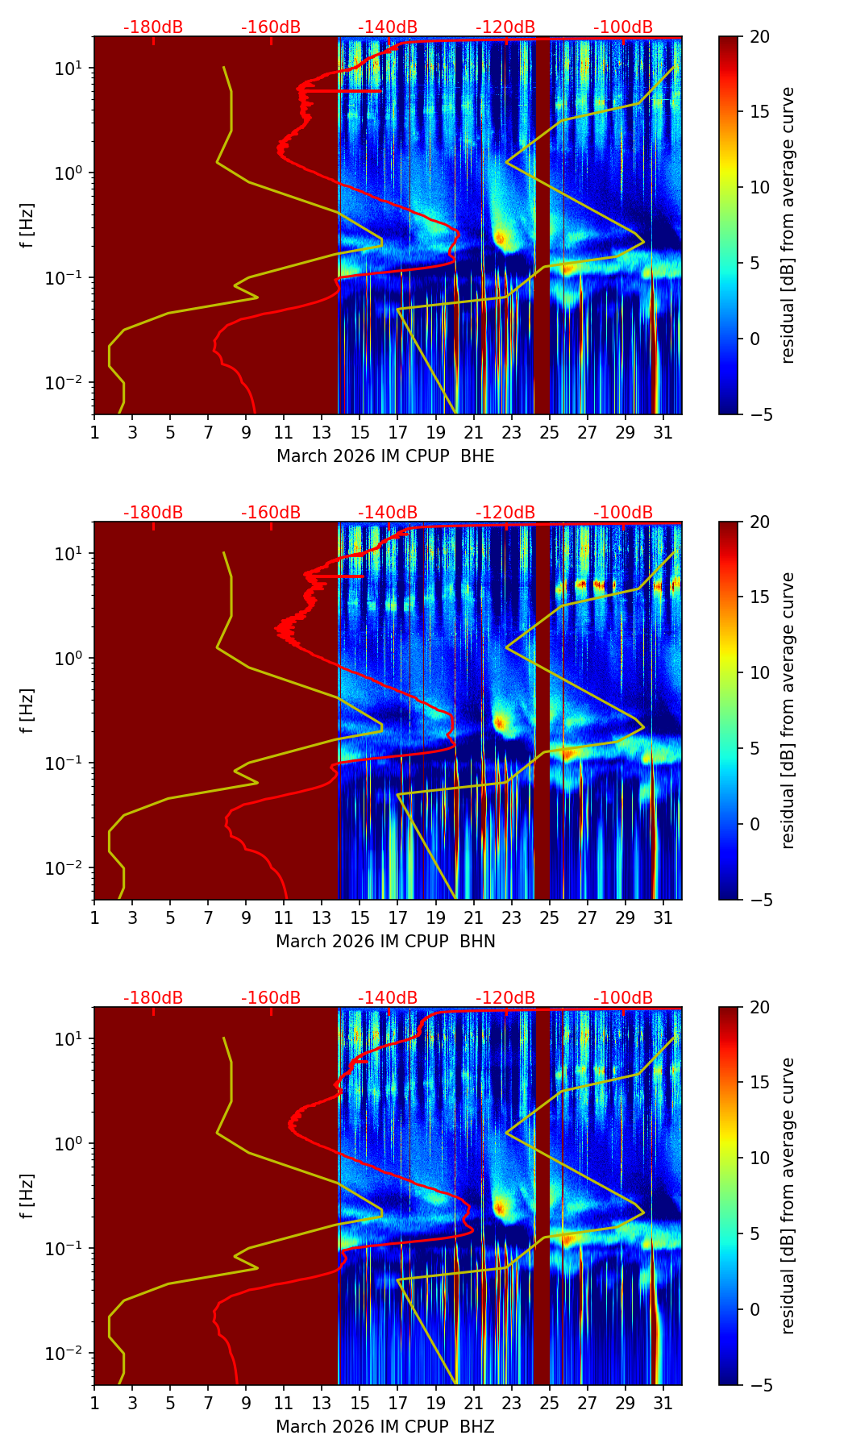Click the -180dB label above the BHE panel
pos(153,27)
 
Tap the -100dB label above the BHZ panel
pos(623,998)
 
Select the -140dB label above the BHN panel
pos(388,513)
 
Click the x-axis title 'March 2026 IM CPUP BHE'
pos(385,456)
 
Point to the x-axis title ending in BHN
pos(385,942)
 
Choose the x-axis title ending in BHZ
pos(385,1427)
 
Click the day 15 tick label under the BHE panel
pos(360,432)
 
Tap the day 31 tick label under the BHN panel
pos(663,917)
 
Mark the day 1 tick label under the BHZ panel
pos(94,1403)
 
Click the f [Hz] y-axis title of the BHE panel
pos(27,226)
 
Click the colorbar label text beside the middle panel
pos(788,710)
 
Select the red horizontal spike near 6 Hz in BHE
pos(355,91)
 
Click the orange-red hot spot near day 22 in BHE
pos(500,238)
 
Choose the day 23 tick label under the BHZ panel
pos(512,1403)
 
